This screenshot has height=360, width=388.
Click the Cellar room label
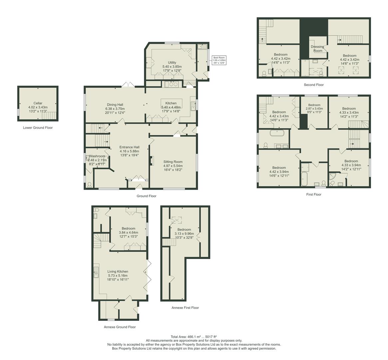[38, 103]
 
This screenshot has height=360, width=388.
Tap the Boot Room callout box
[219, 60]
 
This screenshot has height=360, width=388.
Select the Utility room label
[172, 63]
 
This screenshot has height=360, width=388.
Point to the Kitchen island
[172, 102]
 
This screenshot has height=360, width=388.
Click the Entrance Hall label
[129, 147]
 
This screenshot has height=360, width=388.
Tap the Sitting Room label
[173, 162]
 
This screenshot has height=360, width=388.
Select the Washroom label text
[97, 156]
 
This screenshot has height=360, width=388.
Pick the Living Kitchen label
[118, 271]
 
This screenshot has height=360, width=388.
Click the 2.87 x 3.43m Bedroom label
[314, 105]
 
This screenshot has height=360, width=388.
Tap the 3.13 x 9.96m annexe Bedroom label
[184, 230]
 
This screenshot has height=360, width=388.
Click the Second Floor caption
[313, 85]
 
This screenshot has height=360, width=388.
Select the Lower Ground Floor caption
[38, 128]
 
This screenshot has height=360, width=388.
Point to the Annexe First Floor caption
[185, 308]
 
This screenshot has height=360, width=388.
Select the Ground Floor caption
[146, 196]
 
